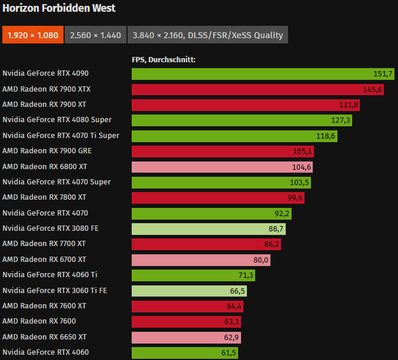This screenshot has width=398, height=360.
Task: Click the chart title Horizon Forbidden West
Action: tap(59, 8)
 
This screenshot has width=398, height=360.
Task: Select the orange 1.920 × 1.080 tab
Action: tap(32, 35)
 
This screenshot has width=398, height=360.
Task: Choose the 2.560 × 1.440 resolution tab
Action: tap(95, 35)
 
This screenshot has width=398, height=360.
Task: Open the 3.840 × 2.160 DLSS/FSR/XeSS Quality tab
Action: tap(208, 35)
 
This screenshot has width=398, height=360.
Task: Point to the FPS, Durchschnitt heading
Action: tap(163, 59)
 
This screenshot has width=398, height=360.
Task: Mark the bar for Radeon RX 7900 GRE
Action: tap(222, 151)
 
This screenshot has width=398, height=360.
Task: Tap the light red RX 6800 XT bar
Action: tap(222, 167)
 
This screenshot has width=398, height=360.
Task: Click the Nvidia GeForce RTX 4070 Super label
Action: tap(56, 182)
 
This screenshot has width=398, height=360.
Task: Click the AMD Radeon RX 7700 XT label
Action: tap(44, 244)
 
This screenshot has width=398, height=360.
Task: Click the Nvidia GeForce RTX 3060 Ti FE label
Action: tap(54, 290)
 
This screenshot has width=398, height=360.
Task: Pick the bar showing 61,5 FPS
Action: tap(185, 352)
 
